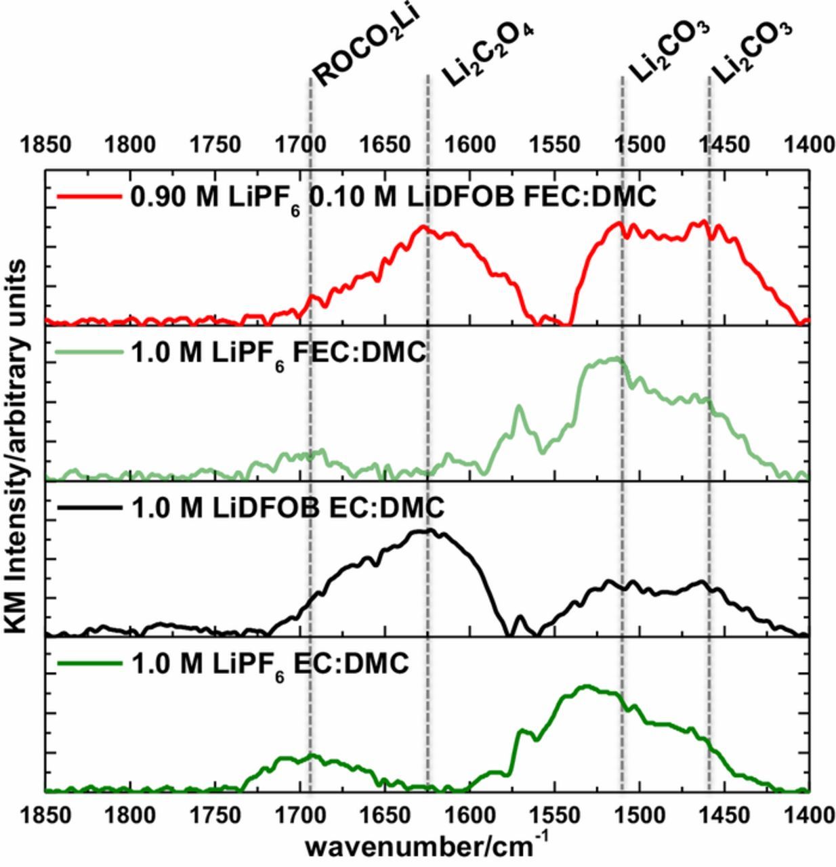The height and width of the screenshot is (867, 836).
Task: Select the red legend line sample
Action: point(87,197)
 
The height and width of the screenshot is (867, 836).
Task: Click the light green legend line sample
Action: point(87,352)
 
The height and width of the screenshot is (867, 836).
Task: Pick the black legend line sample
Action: point(87,507)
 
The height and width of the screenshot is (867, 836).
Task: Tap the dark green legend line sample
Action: point(87,663)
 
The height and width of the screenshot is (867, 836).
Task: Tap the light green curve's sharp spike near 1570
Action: point(520,406)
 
